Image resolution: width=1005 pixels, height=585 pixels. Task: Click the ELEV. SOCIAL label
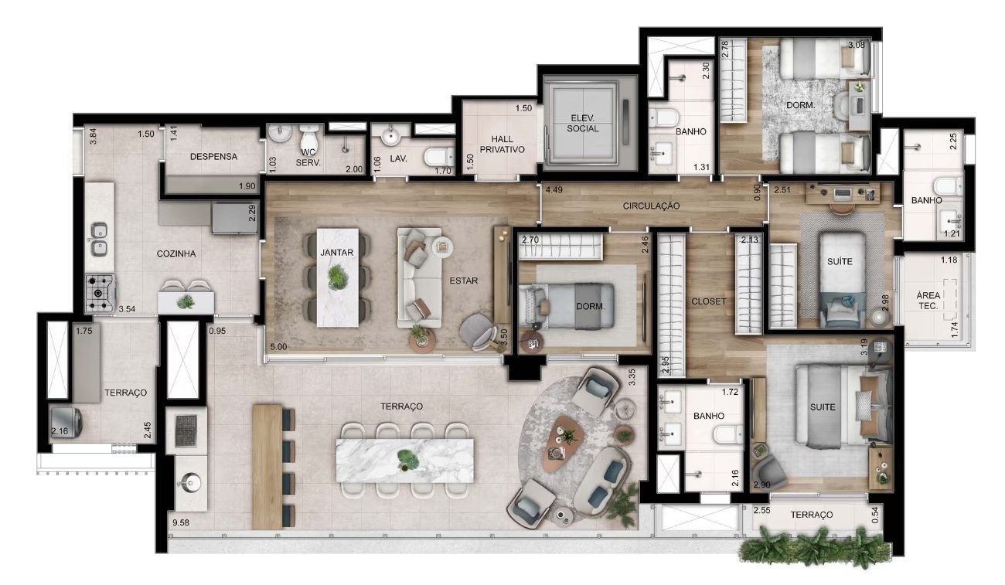pyautogui.click(x=582, y=124)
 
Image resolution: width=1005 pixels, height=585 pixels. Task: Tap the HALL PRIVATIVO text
pyautogui.click(x=502, y=145)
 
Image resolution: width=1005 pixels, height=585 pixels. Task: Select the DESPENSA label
pyautogui.click(x=213, y=157)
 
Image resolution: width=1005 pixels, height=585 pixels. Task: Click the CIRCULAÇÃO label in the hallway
pyautogui.click(x=651, y=206)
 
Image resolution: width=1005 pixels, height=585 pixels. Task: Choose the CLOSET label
pyautogui.click(x=708, y=301)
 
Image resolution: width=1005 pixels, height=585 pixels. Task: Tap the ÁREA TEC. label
pyautogui.click(x=928, y=301)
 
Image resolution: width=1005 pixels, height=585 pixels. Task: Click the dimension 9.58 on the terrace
pyautogui.click(x=181, y=522)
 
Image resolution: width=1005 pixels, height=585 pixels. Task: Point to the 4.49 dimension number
pyautogui.click(x=554, y=190)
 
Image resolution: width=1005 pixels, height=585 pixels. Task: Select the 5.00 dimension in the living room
pyautogui.click(x=278, y=346)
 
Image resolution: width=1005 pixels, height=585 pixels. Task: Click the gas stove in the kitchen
pyautogui.click(x=100, y=294)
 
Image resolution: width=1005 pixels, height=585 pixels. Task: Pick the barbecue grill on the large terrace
pyautogui.click(x=186, y=430)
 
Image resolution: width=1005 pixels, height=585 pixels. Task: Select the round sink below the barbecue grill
pyautogui.click(x=189, y=483)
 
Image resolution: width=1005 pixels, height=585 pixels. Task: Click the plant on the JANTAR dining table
pyautogui.click(x=336, y=277)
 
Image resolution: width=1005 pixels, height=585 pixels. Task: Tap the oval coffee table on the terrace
pyautogui.click(x=562, y=444)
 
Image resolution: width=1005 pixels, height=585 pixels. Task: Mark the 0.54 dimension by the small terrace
pyautogui.click(x=875, y=515)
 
